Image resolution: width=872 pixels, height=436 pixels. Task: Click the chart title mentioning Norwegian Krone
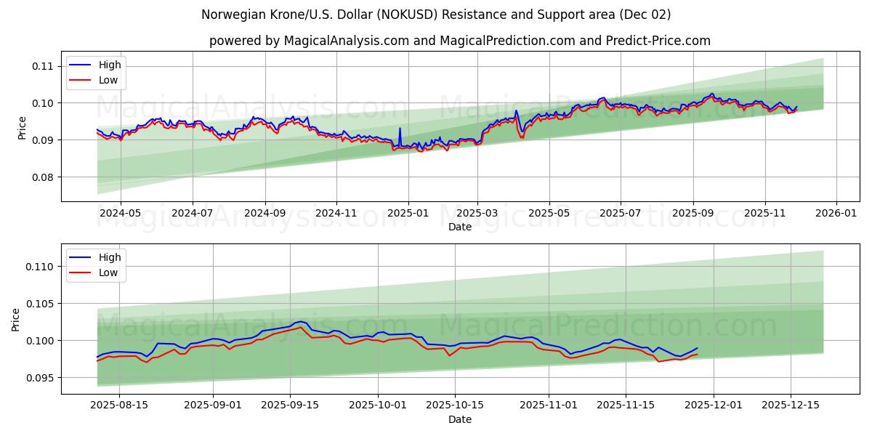(x=436, y=15)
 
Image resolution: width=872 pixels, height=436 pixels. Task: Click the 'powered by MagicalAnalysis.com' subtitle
(x=459, y=41)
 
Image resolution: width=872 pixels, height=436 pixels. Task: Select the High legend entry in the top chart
(x=110, y=65)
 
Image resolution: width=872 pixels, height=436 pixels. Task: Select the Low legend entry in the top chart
(x=108, y=80)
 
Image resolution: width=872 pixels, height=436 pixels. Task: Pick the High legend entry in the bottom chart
(x=110, y=257)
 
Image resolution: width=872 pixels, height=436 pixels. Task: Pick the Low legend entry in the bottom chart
(x=108, y=272)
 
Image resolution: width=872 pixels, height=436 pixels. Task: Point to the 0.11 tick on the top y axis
(x=43, y=66)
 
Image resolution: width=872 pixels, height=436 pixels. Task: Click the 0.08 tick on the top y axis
(x=43, y=177)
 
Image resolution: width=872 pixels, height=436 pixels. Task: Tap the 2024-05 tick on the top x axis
(x=120, y=213)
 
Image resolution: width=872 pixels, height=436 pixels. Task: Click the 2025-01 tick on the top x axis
(x=408, y=213)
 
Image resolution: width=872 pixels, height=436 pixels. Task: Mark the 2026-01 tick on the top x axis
(x=836, y=213)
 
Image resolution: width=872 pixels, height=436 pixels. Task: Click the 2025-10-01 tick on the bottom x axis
(x=378, y=405)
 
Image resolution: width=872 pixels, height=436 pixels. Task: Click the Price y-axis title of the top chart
(x=22, y=127)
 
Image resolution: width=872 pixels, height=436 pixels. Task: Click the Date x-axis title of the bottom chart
(x=459, y=419)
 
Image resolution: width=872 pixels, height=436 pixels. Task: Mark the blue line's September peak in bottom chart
(x=300, y=321)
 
